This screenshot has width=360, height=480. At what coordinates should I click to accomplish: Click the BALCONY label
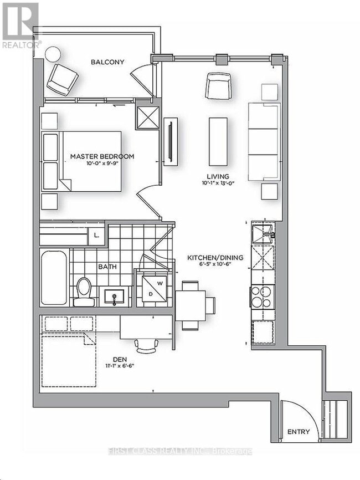[107, 62]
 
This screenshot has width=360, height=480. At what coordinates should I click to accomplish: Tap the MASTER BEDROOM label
[102, 156]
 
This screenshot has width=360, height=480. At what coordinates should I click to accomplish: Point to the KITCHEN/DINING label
[210, 258]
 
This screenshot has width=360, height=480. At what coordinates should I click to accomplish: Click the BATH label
[107, 267]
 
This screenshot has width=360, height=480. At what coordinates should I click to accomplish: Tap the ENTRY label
[299, 432]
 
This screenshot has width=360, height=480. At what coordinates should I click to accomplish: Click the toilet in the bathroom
[84, 290]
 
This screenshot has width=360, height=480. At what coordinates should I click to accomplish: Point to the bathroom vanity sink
[115, 295]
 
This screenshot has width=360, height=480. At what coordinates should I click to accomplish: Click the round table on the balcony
[53, 54]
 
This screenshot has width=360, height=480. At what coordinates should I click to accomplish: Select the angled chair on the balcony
[61, 79]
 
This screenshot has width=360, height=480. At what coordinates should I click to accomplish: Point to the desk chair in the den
[147, 345]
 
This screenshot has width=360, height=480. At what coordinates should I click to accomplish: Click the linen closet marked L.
[96, 235]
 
